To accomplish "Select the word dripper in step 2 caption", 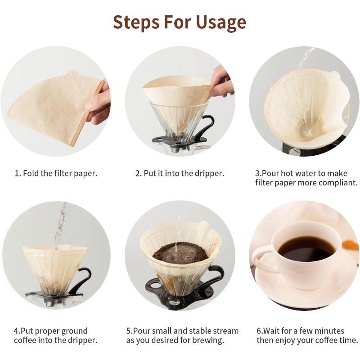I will pos(209,173).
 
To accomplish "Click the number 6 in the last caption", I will pos(259,331).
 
